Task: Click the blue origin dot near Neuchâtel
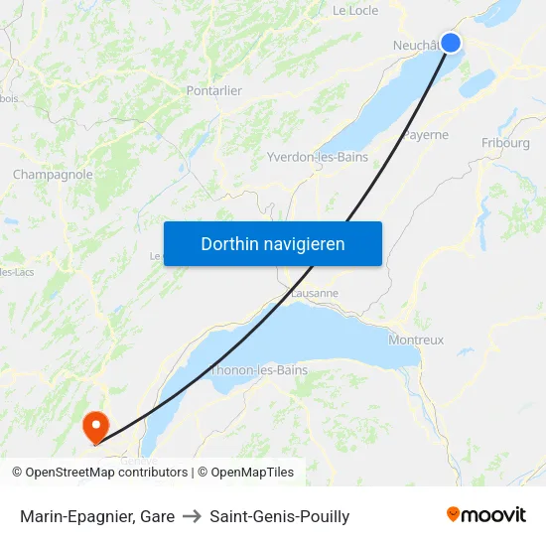pos(450,42)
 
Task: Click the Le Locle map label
pos(354,11)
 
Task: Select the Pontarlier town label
pos(214,90)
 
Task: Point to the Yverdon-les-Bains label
pos(318,157)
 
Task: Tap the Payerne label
pos(426,135)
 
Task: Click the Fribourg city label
pos(505,143)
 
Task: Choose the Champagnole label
pos(53,175)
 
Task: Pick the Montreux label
pos(416,340)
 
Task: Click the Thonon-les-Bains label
pos(260,370)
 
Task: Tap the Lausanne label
pos(315,294)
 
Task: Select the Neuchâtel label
pos(415,46)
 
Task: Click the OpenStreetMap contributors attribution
pos(106,473)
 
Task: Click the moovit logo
pos(486,514)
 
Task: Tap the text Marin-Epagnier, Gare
pos(97,516)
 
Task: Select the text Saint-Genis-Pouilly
pos(280,516)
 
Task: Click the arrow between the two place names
pos(192,516)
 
